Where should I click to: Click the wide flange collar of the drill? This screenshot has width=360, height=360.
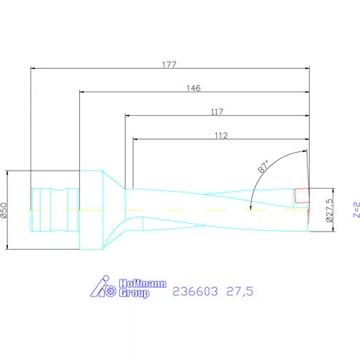click(x=92, y=210)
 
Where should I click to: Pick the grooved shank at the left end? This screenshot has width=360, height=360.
click(x=53, y=209)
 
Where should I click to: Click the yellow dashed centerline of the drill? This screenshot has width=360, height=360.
click(x=196, y=210)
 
